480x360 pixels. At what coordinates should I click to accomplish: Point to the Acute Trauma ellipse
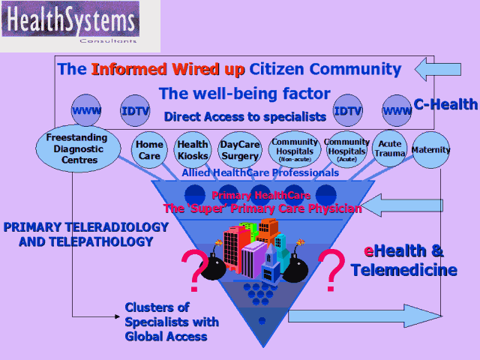pos(390,149)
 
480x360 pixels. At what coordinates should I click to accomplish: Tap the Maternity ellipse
pos(431,150)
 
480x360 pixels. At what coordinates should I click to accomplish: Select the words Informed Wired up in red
pos(167,70)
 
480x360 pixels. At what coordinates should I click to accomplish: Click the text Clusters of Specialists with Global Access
pos(172,322)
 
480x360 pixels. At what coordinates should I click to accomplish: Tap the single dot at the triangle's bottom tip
pos(262,320)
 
